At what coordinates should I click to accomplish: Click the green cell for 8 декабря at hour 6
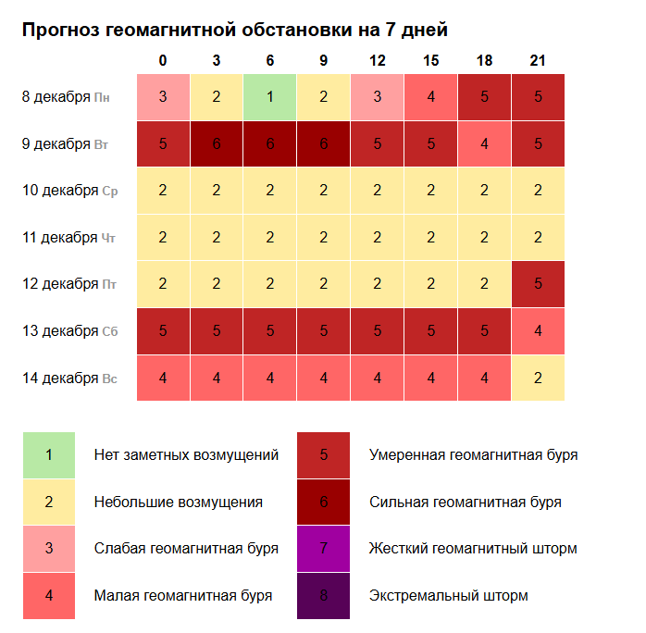[x=270, y=97]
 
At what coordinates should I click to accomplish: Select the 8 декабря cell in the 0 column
[x=163, y=97]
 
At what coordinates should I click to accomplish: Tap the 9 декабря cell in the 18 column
[x=484, y=144]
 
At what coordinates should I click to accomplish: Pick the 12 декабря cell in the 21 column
[x=538, y=284]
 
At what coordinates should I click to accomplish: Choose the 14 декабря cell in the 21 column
[x=538, y=378]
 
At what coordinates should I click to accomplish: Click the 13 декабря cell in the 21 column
[x=538, y=331]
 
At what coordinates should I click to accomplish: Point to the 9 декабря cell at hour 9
[x=324, y=144]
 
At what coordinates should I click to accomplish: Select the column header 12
[x=377, y=61]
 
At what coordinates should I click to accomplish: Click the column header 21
[x=538, y=61]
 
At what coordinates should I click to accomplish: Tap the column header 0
[x=163, y=61]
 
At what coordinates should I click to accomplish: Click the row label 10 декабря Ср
[x=69, y=191]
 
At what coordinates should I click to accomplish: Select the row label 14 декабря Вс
[x=69, y=378]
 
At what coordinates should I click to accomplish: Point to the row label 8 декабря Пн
[x=67, y=96]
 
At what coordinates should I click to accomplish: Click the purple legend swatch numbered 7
[x=323, y=549]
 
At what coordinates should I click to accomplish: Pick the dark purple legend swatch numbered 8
[x=323, y=595]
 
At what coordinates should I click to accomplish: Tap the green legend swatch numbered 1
[x=49, y=455]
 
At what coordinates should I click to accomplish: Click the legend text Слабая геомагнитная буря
[x=186, y=549]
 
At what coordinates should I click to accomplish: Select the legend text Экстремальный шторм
[x=448, y=595]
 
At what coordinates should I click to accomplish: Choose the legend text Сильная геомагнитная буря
[x=465, y=502]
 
